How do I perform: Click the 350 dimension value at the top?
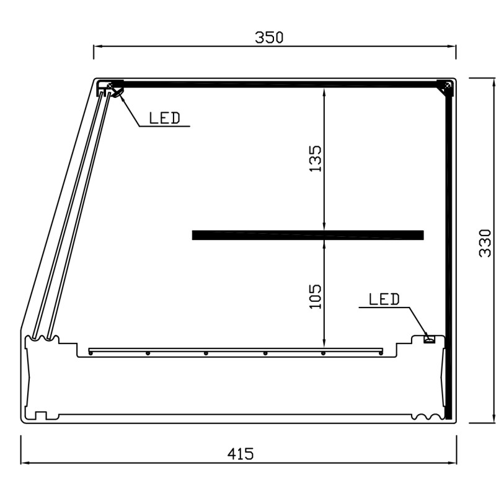pos(269,37)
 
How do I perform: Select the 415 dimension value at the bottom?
pos(241,454)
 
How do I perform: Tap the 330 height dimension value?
pos(485,243)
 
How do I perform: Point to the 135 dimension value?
pos(315,159)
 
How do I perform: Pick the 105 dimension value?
pos(315,296)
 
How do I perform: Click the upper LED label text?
pos(164,118)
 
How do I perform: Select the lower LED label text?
pos(384,299)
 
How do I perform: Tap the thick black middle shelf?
pos(308,235)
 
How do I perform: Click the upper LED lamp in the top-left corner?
pos(117,92)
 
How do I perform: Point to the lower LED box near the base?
pos(429,339)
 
